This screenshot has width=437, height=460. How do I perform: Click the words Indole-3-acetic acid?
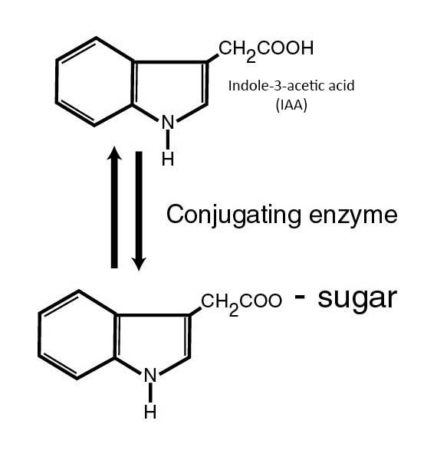[x=291, y=86]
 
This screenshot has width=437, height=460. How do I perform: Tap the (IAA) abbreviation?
[x=291, y=105]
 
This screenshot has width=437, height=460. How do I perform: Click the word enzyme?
[x=353, y=216]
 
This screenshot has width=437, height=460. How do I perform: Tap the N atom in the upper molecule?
[x=168, y=122]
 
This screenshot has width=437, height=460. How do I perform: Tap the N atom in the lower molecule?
[x=150, y=375]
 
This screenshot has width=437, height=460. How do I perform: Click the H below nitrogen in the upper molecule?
[x=168, y=159]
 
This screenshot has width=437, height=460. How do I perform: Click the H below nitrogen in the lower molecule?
[x=150, y=412]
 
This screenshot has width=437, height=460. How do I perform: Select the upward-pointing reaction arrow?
[x=114, y=207]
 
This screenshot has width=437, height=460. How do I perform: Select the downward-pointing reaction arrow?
[x=139, y=211]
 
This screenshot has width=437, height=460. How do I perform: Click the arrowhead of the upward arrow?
[x=114, y=153]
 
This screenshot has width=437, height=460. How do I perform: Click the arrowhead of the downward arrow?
[x=139, y=264]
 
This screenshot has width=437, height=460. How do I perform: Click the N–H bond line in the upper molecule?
[x=168, y=140]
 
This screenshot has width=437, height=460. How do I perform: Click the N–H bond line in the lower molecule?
[x=150, y=393]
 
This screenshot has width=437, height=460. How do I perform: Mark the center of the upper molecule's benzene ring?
[x=95, y=82]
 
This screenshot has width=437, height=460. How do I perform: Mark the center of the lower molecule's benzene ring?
[x=77, y=335]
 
